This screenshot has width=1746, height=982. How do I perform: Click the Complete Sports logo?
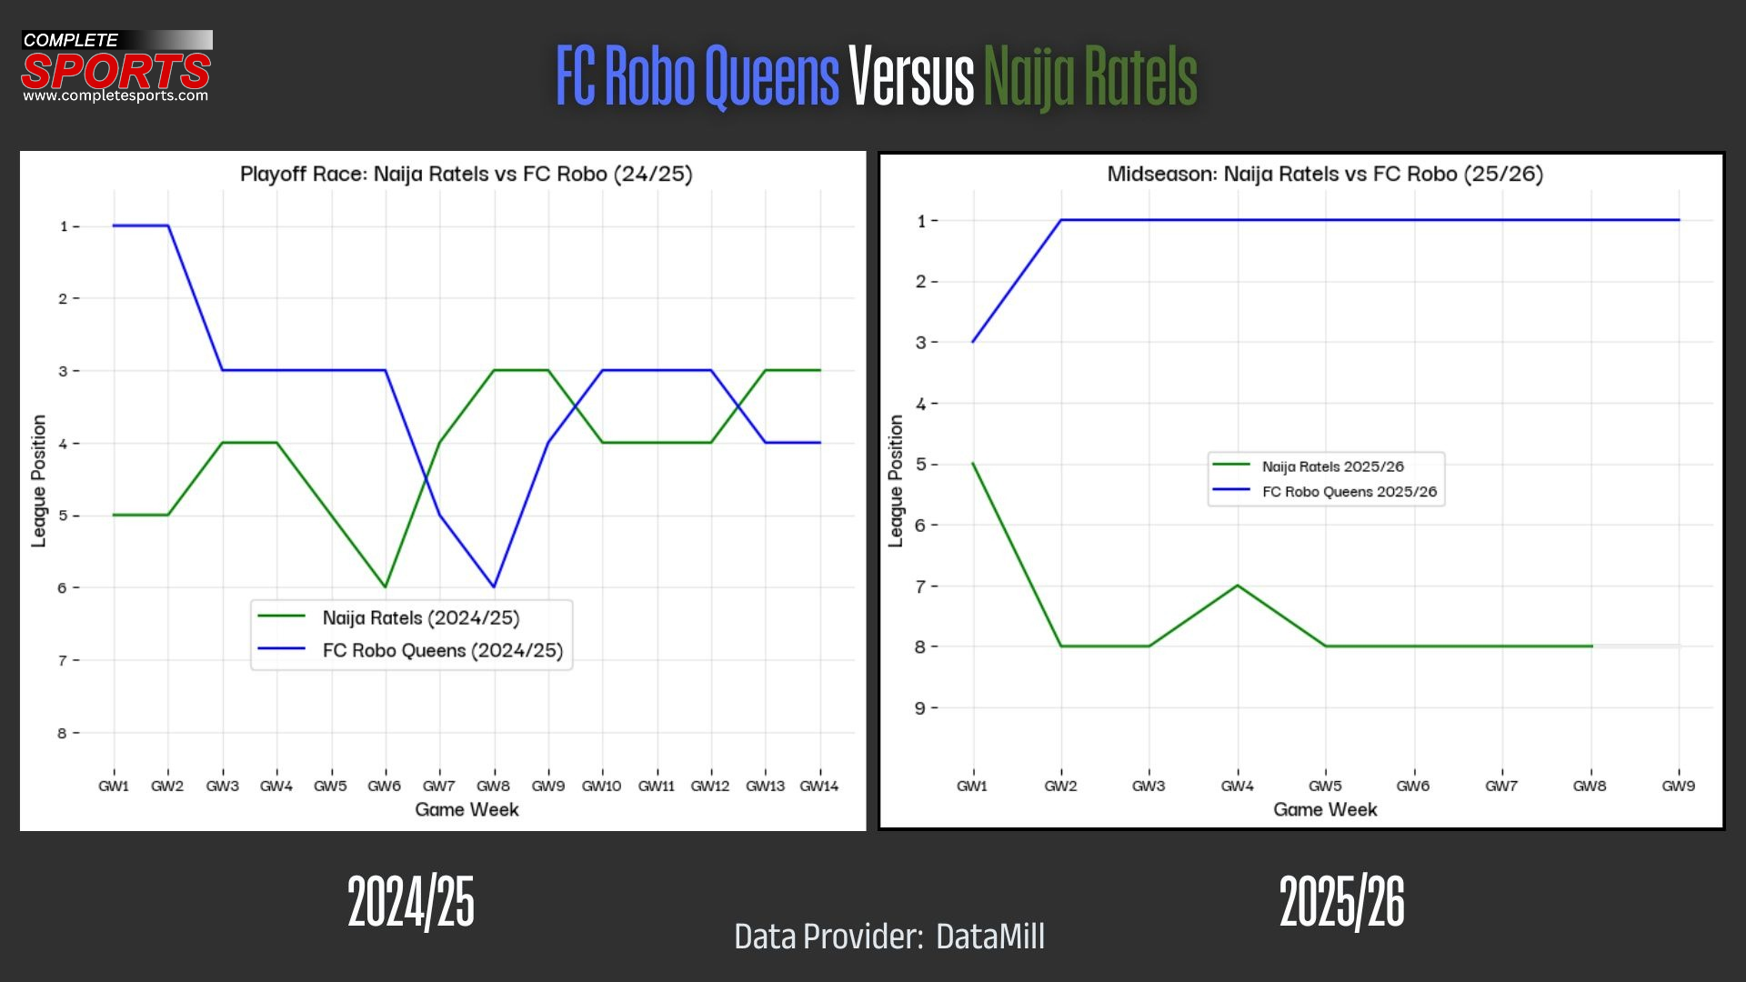coord(116,67)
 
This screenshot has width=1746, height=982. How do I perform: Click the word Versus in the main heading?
coord(911,76)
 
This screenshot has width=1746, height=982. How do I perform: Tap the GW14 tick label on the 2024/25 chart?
coord(818,787)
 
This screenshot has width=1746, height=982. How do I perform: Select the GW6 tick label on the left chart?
coord(384,787)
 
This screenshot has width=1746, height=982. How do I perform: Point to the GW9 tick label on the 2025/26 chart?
coord(1678,787)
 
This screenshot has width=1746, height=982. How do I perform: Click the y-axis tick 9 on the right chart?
coord(920,708)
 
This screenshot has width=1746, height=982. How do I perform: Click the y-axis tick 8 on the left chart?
coord(63,734)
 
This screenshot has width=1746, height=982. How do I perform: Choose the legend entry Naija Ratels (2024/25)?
coord(420,618)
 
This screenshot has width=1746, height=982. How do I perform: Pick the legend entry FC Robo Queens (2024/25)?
coord(442,651)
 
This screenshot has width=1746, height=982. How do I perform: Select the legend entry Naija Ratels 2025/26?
coord(1332,466)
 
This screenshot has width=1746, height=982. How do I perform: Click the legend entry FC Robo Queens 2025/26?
coord(1349,492)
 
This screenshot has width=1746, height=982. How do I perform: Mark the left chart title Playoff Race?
coord(466,174)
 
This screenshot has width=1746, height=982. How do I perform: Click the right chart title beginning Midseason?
coord(1325,174)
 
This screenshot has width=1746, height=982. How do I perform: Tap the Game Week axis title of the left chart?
coord(467,810)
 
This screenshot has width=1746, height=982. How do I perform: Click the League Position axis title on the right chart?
coord(896,481)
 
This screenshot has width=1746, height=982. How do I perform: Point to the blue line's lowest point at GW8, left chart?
coord(494,586)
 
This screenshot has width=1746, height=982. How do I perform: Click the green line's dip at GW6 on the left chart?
coord(386,586)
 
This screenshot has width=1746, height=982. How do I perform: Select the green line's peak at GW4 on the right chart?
coord(1237,586)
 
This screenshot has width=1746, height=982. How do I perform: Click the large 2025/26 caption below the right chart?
coord(1341,902)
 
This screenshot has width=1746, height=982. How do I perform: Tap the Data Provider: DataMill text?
coord(889,937)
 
